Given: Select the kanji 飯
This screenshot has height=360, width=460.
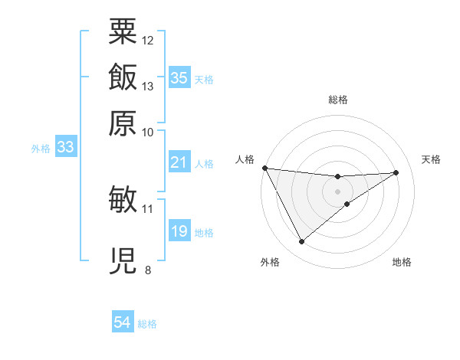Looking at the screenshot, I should (123, 77).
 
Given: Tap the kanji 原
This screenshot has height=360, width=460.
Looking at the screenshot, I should (123, 123).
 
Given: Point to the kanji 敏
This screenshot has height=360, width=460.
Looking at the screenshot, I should (123, 199).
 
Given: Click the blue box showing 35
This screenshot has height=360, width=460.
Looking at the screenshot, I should (179, 77).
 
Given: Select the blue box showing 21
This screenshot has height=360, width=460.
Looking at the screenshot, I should (179, 162).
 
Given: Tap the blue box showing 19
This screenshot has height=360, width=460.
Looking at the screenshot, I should (179, 231).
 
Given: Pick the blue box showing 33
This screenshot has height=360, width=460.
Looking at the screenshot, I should (65, 148).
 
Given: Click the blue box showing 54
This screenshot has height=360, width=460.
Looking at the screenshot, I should (122, 322).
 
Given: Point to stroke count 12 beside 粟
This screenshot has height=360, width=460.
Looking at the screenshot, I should (148, 40).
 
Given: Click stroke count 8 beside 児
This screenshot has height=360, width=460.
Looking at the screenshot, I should (148, 270).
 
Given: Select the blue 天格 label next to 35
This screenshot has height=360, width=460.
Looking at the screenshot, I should (204, 79).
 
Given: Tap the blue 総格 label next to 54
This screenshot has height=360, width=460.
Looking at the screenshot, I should (147, 324).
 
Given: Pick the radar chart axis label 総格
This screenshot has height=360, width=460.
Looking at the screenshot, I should (337, 100).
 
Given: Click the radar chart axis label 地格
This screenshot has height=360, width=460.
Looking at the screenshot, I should (402, 263).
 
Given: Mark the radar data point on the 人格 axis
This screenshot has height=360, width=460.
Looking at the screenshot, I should (264, 168).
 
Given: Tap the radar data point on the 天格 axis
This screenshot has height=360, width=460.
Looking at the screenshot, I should (396, 172).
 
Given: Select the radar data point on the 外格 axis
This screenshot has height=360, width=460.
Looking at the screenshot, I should (301, 242).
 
